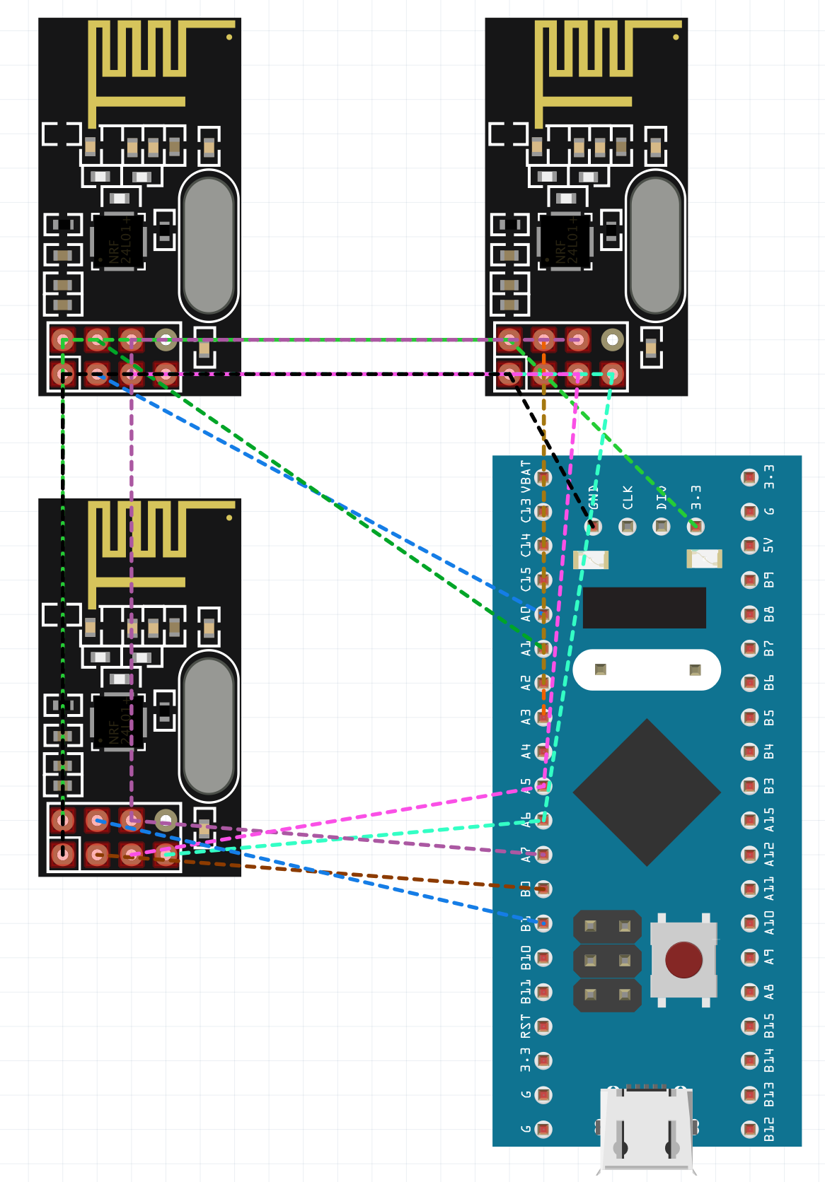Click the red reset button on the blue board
pyautogui.click(x=683, y=959)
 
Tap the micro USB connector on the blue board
pyautogui.click(x=646, y=1128)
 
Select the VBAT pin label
pyautogui.click(x=526, y=476)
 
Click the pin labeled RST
pyautogui.click(x=543, y=1026)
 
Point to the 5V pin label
pyautogui.click(x=769, y=545)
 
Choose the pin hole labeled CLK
pyautogui.click(x=628, y=526)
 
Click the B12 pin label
pyautogui.click(x=769, y=1129)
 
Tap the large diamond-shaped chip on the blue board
pyautogui.click(x=647, y=792)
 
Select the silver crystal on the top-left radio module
pyautogui.click(x=209, y=245)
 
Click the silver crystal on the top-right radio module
pyautogui.click(x=655, y=245)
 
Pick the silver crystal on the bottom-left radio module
pyautogui.click(x=209, y=726)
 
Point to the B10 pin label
pyautogui.click(x=526, y=958)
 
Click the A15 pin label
pyautogui.click(x=769, y=820)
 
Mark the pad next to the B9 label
pyautogui.click(x=749, y=580)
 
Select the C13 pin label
pyautogui.click(x=526, y=511)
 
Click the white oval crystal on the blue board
pyautogui.click(x=647, y=669)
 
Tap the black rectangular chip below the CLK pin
pyautogui.click(x=644, y=607)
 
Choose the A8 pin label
pyautogui.click(x=769, y=992)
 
